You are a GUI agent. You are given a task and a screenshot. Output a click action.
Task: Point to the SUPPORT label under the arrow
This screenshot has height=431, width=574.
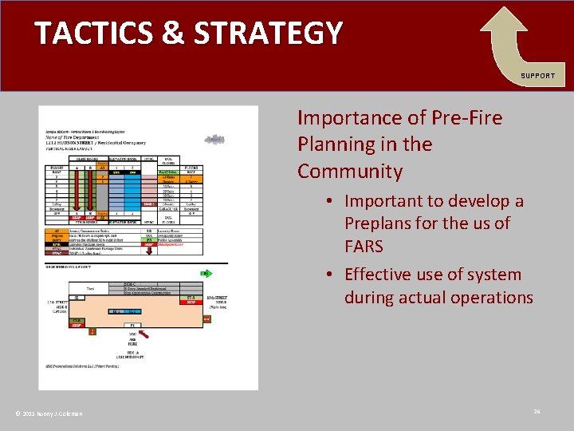pos(537,76)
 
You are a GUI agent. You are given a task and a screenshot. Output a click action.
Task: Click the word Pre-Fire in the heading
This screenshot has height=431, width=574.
pos(465,118)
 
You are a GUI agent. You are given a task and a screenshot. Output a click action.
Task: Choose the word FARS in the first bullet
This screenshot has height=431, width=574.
pos(364,246)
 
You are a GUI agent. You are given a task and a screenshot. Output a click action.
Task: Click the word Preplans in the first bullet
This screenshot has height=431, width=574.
pos(379,223)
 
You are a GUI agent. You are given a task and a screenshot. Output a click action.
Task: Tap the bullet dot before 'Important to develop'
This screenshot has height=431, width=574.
pos(330,201)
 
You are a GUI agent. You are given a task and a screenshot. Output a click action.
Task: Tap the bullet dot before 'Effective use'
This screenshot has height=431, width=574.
pos(330,275)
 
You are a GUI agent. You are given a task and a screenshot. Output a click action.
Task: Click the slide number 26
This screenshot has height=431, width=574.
pos(537,411)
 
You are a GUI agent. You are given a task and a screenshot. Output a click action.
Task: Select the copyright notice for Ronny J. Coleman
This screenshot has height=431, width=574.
pos(49,413)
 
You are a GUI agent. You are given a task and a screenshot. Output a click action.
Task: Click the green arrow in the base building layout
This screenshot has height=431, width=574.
pos(205,273)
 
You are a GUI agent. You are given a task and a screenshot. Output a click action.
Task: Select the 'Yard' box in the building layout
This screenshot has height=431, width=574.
pos(90,287)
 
